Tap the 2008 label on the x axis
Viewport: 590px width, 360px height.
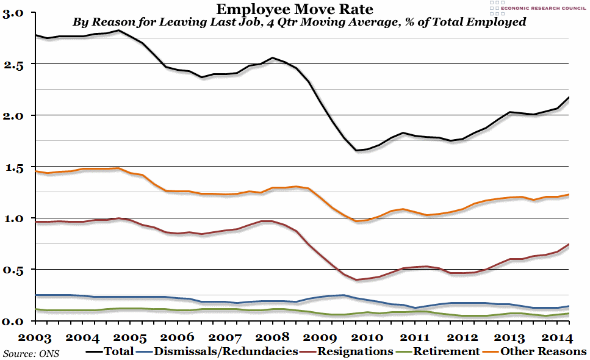(x=273, y=337)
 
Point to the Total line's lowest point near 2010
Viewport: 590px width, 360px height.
(x=355, y=150)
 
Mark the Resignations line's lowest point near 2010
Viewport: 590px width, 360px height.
(x=356, y=280)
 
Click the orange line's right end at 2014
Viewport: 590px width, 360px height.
(x=569, y=195)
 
